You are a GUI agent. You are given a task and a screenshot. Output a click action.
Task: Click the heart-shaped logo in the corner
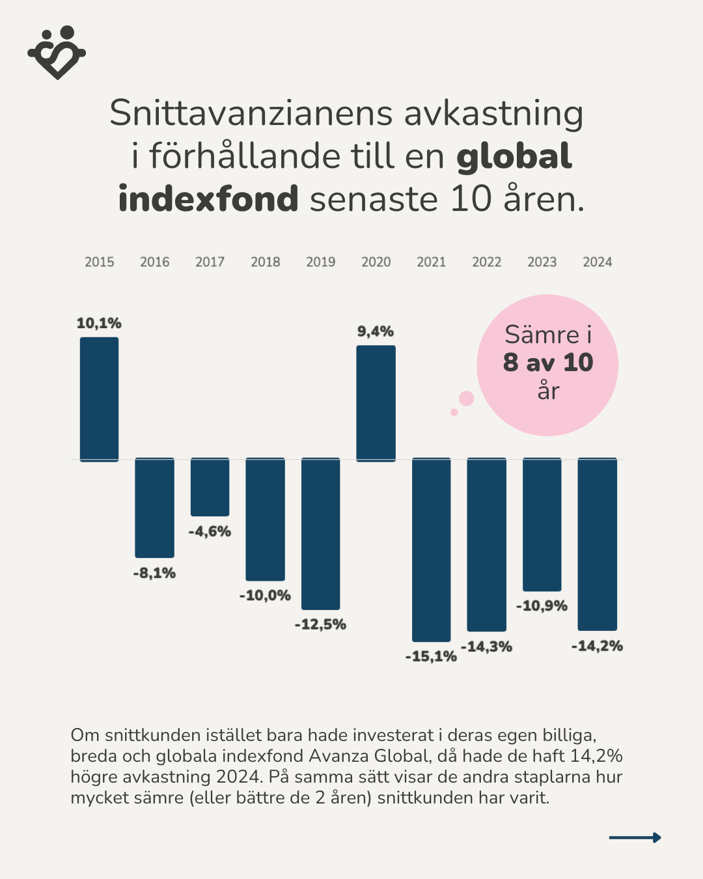[57, 53]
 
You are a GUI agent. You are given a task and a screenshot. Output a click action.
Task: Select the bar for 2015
[99, 398]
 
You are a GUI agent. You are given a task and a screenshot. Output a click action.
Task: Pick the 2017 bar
[210, 487]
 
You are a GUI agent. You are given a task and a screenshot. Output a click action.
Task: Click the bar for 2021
[431, 550]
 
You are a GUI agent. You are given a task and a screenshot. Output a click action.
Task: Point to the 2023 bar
[542, 524]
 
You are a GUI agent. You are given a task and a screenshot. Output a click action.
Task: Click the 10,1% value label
[99, 323]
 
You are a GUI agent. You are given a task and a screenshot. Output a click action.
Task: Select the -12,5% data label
[320, 624]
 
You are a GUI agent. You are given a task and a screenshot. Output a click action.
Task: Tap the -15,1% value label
[431, 656]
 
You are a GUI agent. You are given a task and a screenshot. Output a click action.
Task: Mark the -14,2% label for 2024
[597, 646]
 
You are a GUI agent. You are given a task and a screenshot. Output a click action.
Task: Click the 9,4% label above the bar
[376, 331]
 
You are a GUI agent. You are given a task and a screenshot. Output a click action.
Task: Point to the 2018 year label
[265, 262]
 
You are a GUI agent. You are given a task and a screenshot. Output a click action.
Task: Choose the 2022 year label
[486, 262]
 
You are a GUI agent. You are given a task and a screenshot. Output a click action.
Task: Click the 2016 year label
[154, 262]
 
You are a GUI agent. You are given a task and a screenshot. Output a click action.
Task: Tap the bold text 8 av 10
[548, 363]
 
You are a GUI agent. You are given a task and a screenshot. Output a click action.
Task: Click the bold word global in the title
[514, 156]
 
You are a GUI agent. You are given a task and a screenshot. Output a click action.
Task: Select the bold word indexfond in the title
[208, 199]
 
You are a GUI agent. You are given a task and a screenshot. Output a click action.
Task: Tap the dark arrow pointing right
[635, 837]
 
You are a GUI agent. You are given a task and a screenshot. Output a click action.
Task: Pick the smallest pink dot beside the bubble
[454, 412]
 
